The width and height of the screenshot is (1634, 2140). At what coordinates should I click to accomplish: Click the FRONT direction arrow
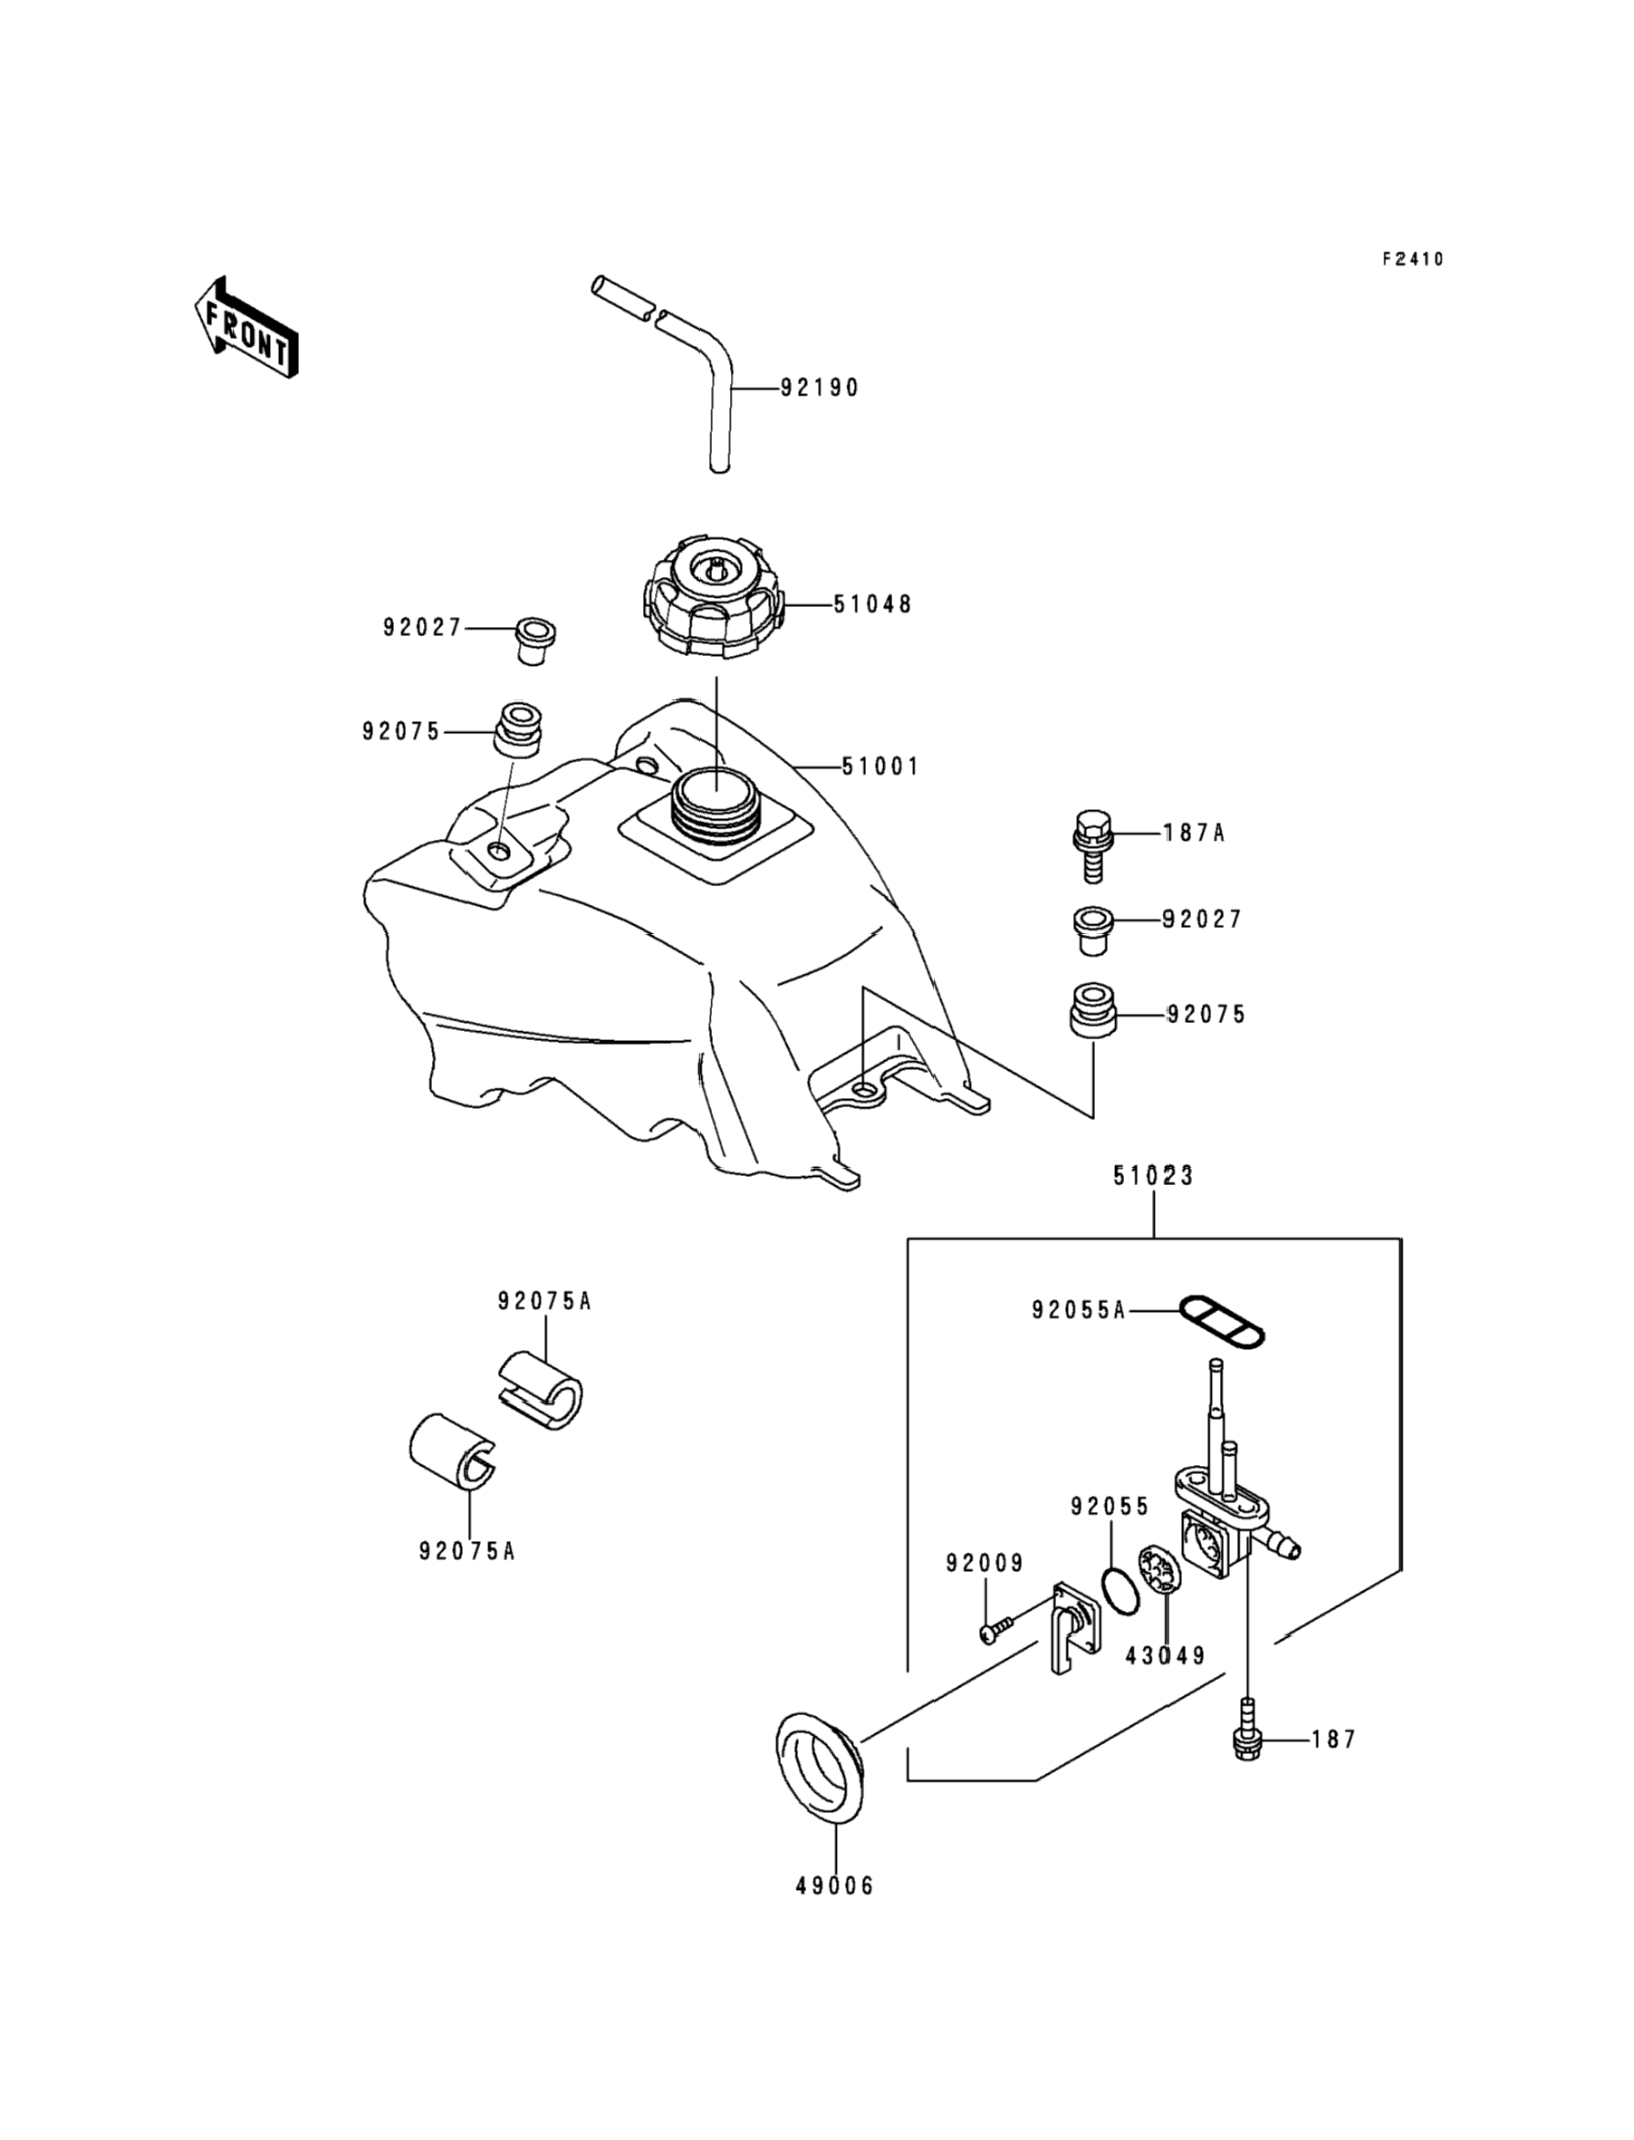[246, 328]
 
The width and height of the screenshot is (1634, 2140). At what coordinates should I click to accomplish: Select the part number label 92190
[820, 388]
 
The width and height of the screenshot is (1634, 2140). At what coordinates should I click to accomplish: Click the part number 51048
[872, 604]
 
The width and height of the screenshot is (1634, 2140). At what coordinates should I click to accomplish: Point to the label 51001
[880, 766]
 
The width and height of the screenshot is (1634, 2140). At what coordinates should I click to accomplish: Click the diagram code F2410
[1413, 259]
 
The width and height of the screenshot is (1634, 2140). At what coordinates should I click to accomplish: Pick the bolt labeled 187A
[1091, 845]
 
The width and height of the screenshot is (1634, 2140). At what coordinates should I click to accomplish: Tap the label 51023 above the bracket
[1154, 1175]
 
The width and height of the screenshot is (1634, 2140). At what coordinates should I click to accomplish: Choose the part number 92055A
[1079, 1310]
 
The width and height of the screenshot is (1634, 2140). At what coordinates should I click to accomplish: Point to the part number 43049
[1165, 1654]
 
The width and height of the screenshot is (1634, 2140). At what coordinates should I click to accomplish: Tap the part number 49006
[834, 1885]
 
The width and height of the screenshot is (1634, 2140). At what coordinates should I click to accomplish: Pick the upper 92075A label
[544, 1300]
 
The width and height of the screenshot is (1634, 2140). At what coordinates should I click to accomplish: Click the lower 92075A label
[466, 1550]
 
